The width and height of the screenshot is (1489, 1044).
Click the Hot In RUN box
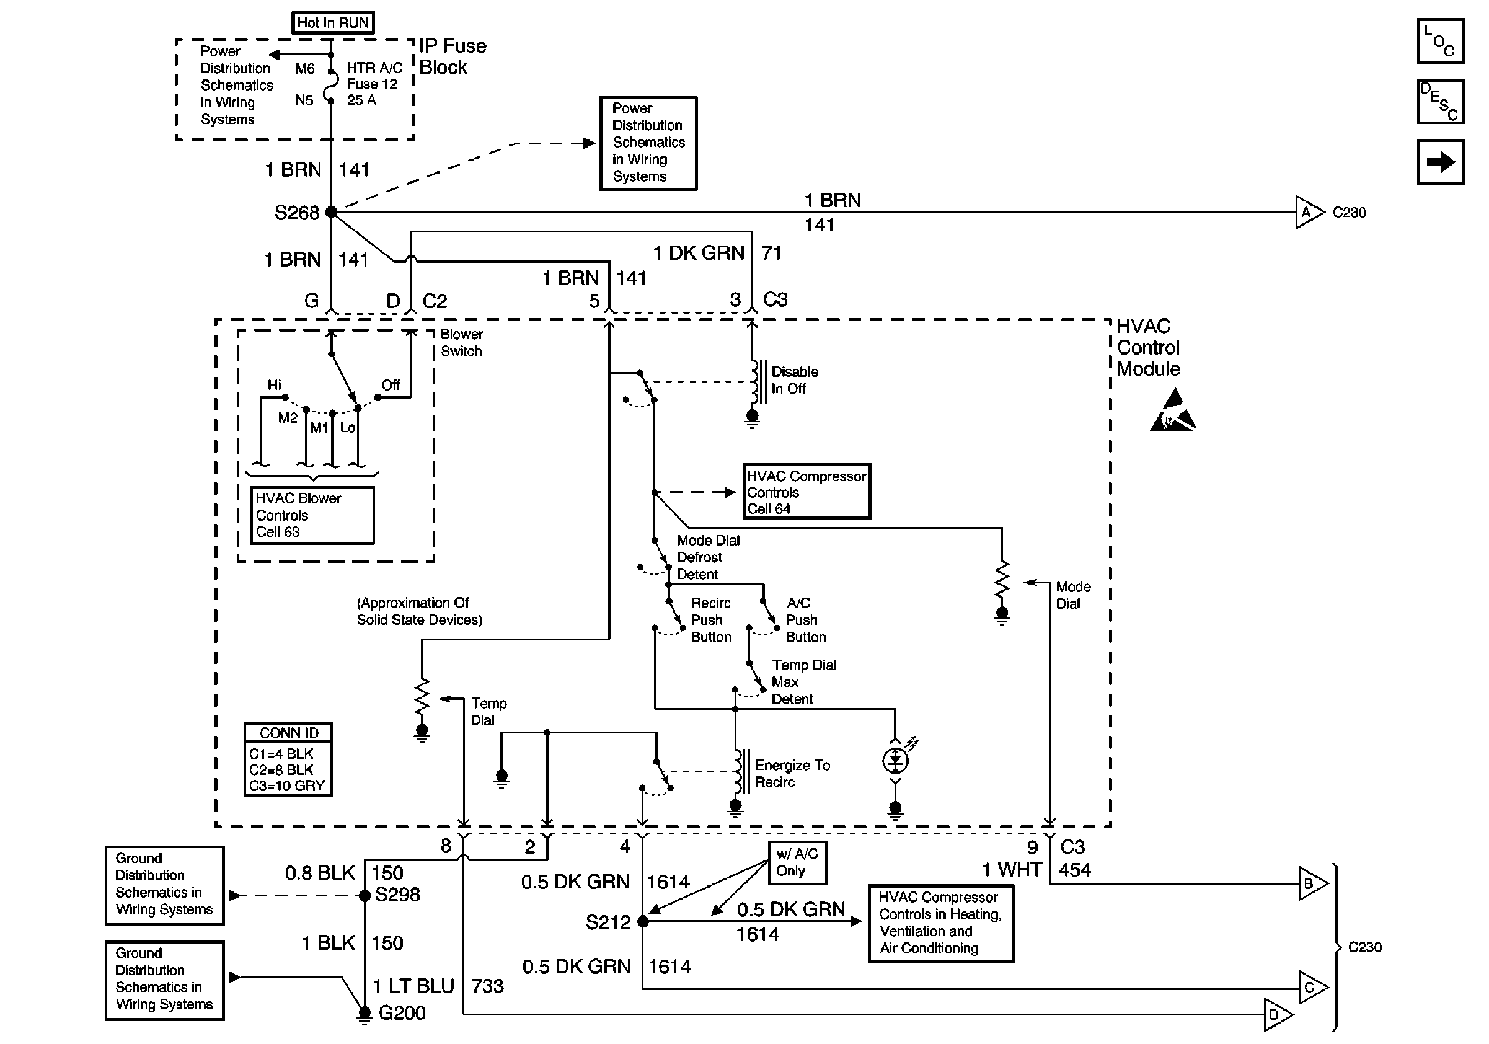point(333,23)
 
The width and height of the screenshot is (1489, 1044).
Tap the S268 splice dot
point(332,212)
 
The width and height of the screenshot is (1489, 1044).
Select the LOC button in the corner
point(1441,41)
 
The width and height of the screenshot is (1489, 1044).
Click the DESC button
point(1441,101)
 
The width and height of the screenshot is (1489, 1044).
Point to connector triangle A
point(1309,212)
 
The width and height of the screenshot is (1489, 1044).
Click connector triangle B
point(1312,883)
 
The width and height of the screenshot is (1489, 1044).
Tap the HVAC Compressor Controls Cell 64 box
point(806,492)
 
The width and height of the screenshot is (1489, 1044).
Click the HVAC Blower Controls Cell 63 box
point(312,515)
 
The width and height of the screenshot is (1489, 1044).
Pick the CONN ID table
point(288,759)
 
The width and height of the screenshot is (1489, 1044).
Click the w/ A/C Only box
point(798,862)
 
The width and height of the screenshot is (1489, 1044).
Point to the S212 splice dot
point(643,921)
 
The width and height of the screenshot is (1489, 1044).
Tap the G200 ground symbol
point(365,1014)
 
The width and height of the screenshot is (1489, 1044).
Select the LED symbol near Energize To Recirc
point(896,759)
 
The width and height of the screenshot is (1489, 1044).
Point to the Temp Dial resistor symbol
point(422,696)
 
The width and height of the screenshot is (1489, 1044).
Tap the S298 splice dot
point(365,895)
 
